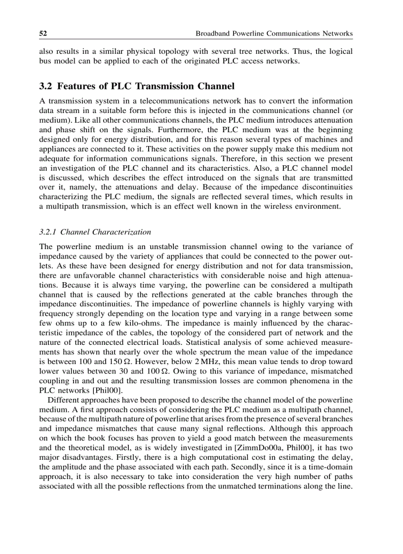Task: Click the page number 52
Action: tap(42, 34)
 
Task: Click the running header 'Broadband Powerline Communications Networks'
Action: tap(274, 34)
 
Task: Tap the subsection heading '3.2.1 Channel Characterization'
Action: tap(95, 231)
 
